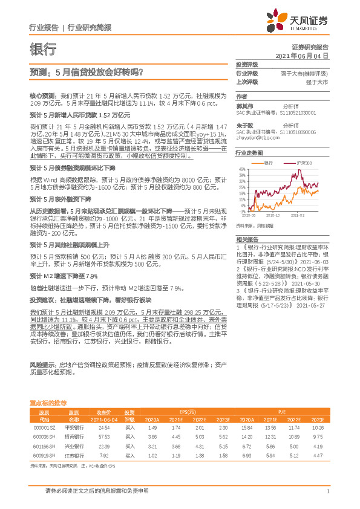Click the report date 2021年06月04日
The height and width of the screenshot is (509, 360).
302,55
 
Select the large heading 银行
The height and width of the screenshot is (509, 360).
42,48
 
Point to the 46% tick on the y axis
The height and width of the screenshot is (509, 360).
241,169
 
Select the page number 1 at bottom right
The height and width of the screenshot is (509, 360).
327,492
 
